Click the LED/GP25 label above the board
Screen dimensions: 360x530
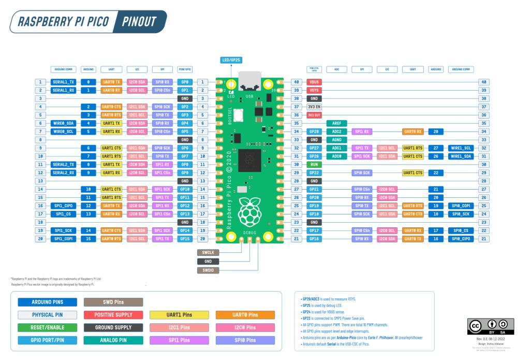232,61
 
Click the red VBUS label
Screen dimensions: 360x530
314,82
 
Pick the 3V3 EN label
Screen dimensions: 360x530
314,107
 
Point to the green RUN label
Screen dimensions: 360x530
314,164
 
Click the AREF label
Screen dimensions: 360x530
337,123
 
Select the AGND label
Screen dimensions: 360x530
337,140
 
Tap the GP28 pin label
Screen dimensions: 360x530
314,132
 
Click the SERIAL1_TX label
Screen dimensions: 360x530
64,82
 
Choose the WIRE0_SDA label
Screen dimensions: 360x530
64,123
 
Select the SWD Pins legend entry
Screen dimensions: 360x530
113,301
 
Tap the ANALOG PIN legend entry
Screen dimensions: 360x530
113,340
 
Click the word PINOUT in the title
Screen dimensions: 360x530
139,22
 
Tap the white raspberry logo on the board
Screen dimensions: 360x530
249,210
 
